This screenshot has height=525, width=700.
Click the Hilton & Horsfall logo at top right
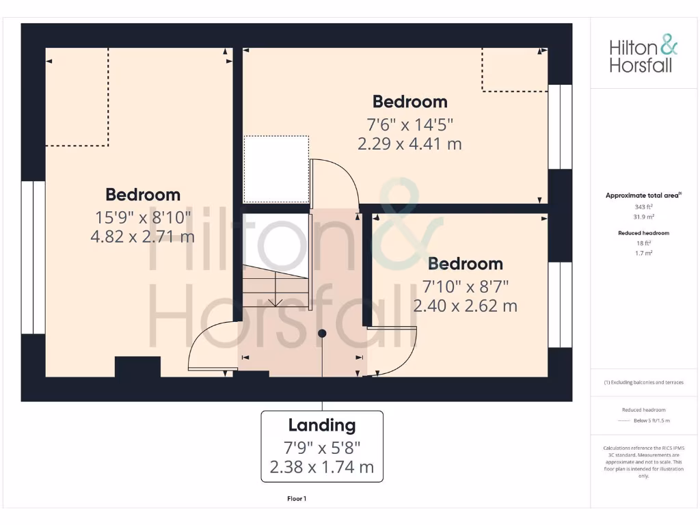coord(643,56)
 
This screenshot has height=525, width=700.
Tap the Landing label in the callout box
coord(322,425)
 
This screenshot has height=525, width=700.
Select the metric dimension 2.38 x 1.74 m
coord(322,468)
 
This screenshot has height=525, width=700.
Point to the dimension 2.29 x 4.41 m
coord(409,144)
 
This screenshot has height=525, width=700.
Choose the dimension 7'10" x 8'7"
coord(465,285)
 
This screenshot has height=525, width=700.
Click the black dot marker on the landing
coord(322,333)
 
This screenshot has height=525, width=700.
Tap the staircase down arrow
coord(275,301)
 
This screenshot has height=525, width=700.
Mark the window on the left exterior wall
coord(33,257)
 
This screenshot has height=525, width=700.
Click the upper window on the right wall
coord(560,126)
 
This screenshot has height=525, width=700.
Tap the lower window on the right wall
coord(560,304)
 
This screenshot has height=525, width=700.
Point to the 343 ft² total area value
coord(643,206)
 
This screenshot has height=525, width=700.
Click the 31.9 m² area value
coord(643,215)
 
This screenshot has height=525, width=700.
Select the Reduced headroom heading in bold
coord(643,233)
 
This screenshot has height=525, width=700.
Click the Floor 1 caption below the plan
coord(297,499)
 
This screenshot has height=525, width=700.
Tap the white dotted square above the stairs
coord(275,169)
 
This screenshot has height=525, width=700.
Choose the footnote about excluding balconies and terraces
coord(643,382)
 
